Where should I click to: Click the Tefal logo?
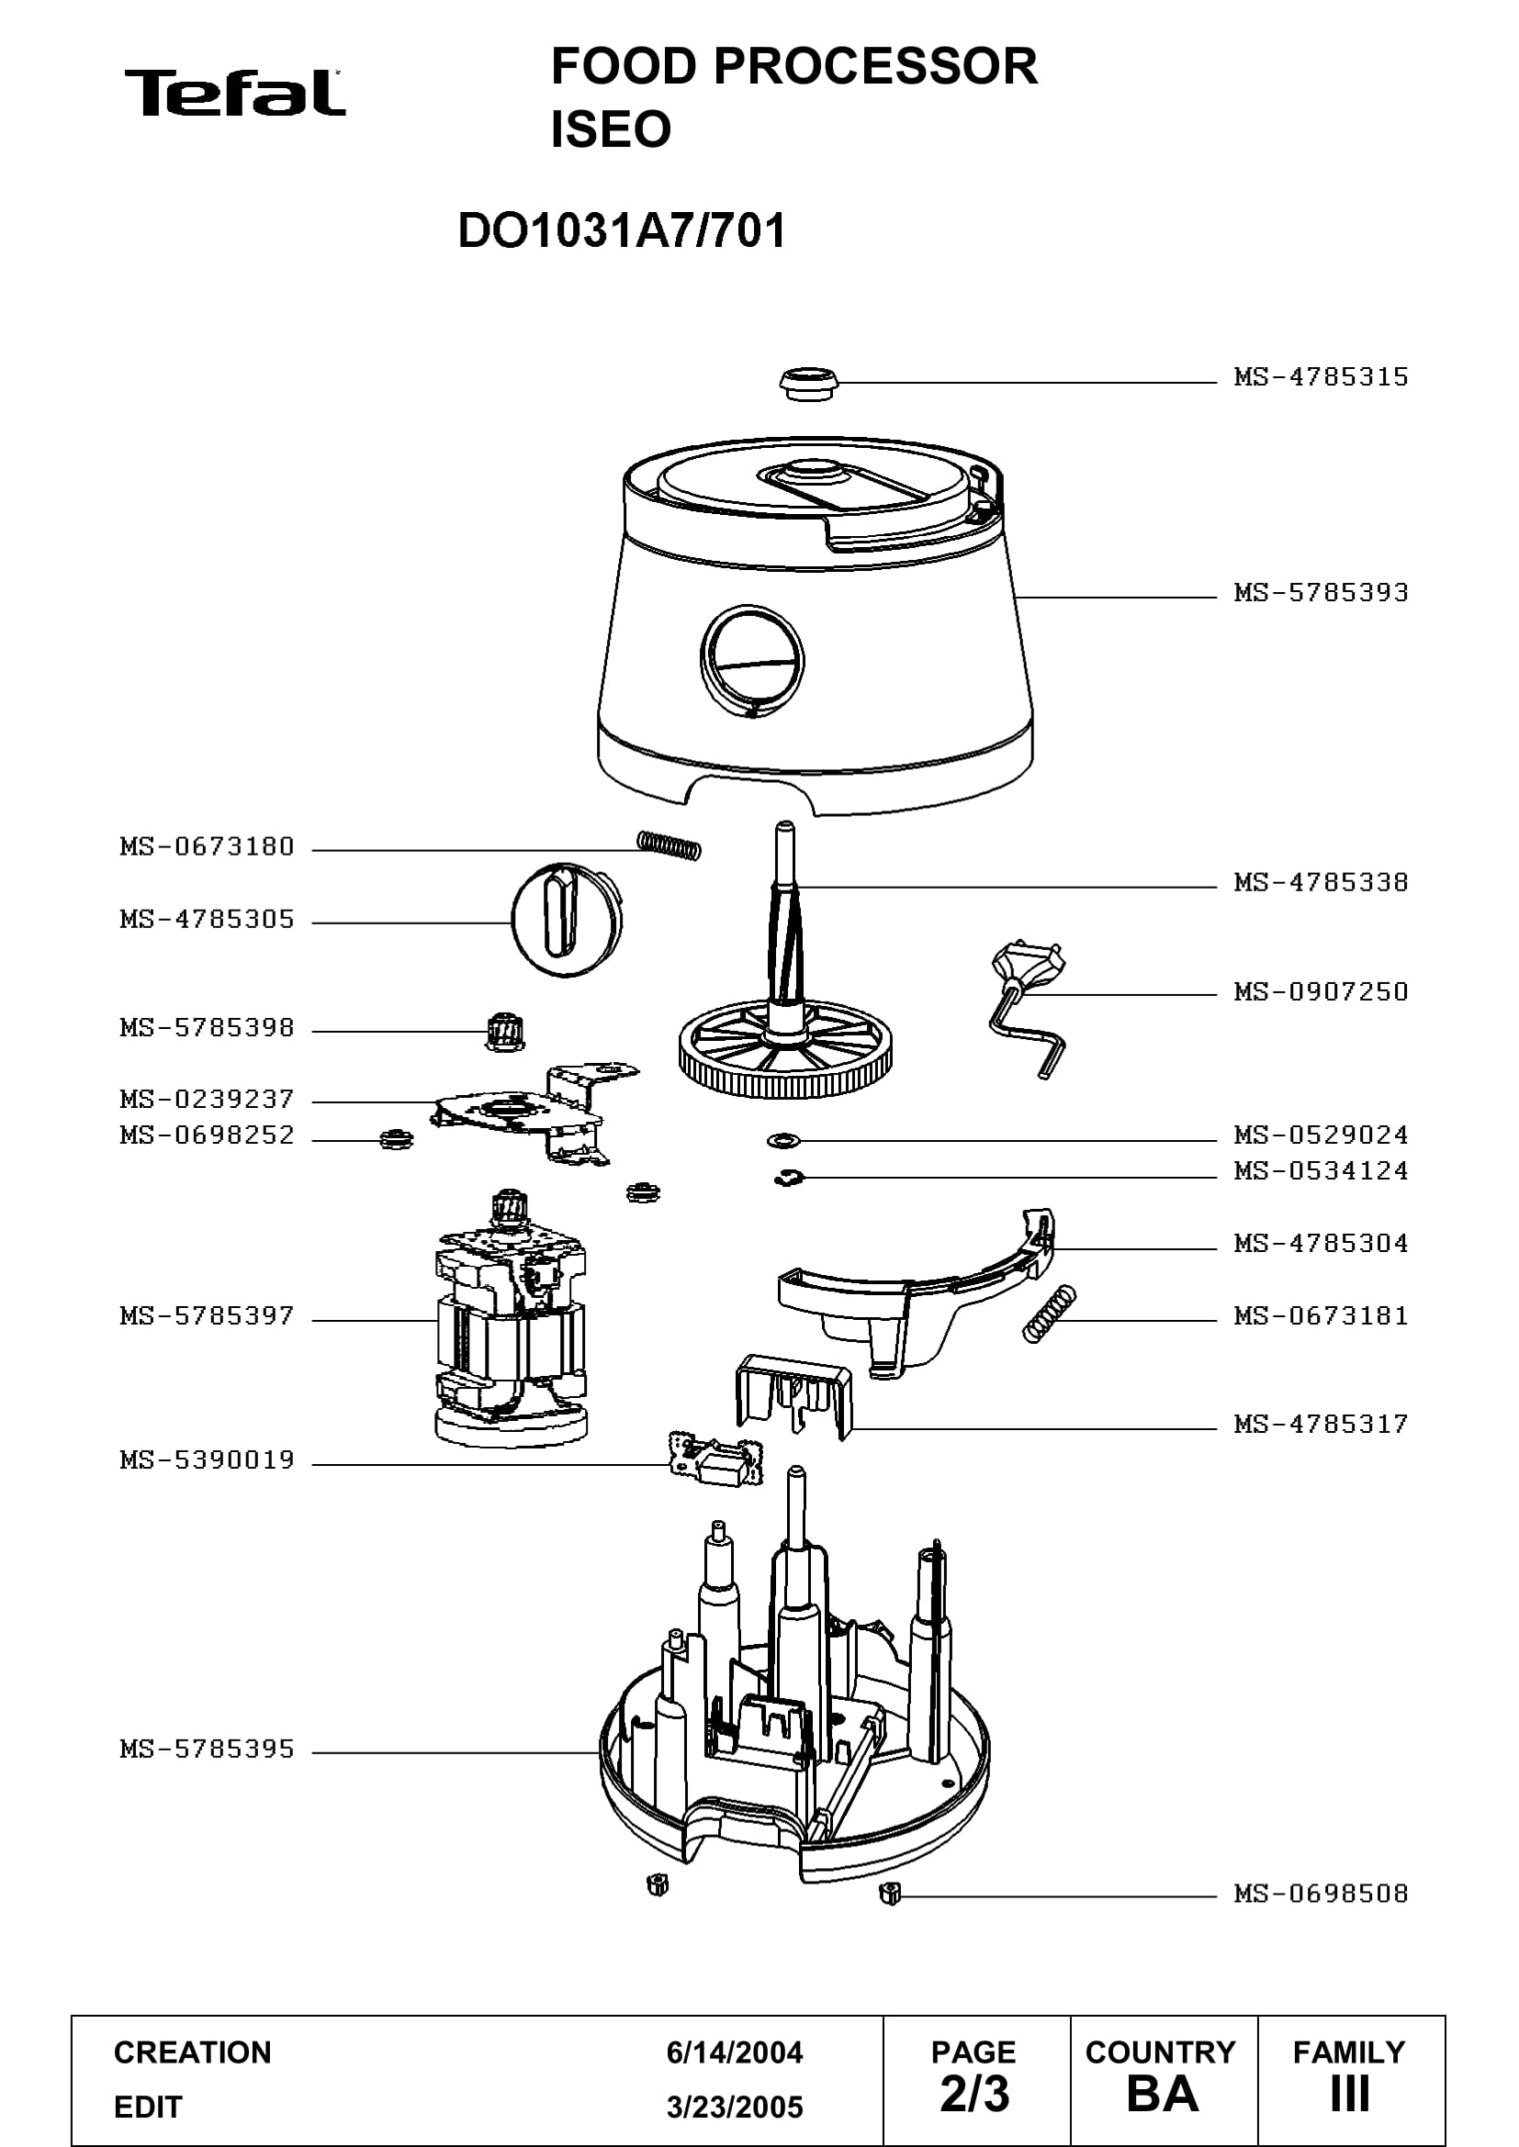235,93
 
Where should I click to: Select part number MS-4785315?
1321,377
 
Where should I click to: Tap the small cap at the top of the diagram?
809,384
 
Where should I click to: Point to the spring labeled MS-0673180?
669,844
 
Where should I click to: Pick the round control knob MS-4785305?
566,920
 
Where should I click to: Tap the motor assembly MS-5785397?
511,1320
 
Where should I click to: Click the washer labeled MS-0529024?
782,1141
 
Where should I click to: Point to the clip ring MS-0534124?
789,1179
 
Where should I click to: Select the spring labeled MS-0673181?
1050,1314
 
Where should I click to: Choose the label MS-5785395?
207,1749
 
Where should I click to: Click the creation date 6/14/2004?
735,2052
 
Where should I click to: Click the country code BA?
1163,2095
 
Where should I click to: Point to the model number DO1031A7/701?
622,230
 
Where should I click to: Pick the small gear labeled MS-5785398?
503,1031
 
